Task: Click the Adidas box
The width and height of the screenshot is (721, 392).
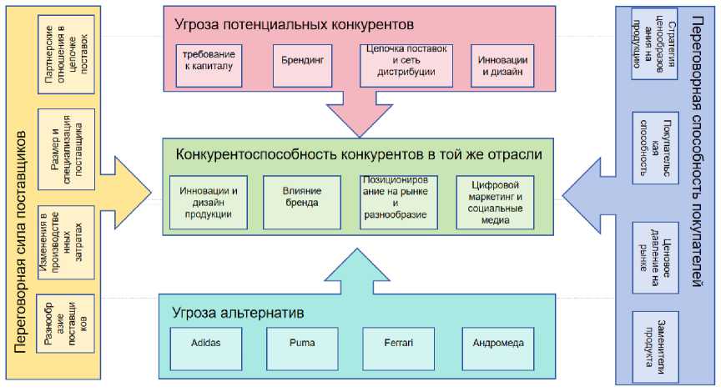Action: [205, 343]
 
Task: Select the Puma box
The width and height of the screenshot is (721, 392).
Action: [301, 343]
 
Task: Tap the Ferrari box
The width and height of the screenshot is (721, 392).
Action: [398, 343]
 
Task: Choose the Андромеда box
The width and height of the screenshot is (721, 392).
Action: [497, 343]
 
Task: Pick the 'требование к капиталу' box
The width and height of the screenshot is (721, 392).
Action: [210, 61]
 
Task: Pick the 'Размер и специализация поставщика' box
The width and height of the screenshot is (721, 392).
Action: [68, 149]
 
